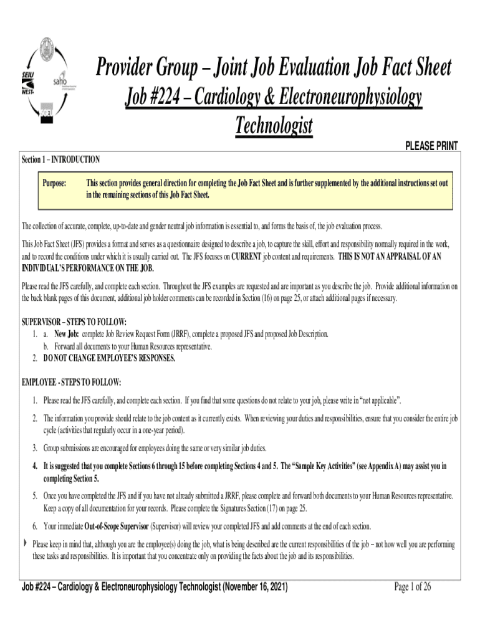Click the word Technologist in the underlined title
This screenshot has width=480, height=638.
(273, 126)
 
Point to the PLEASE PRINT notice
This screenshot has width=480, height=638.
(431, 146)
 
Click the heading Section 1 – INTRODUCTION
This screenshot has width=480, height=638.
(60, 159)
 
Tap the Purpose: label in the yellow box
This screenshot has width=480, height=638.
(54, 183)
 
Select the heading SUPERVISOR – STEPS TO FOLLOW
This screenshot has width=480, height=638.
(74, 322)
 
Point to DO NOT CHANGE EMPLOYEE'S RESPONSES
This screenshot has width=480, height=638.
(109, 358)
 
